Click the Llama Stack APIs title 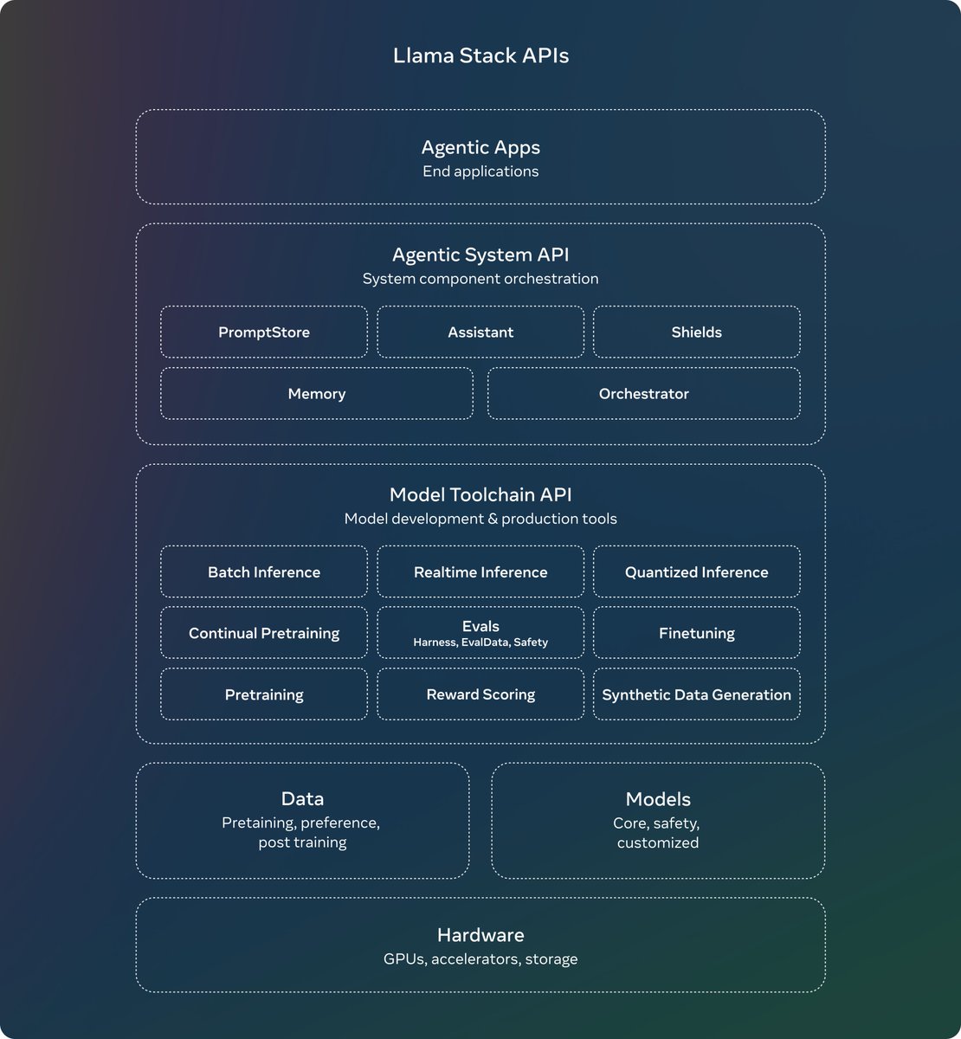(x=480, y=56)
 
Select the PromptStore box (x=264, y=332)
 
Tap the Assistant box (x=480, y=332)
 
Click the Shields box (x=696, y=332)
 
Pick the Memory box (x=317, y=394)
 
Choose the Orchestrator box (x=643, y=394)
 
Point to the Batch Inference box (x=264, y=572)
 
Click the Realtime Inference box (x=480, y=572)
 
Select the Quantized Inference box (x=696, y=572)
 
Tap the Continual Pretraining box (x=264, y=634)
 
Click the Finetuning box (x=696, y=634)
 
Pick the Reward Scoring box (x=480, y=694)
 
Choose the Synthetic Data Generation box (x=696, y=694)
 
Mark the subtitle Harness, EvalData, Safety (x=480, y=642)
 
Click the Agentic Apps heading (x=480, y=148)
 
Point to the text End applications (x=480, y=171)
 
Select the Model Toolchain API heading (x=480, y=495)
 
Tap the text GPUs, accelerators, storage (x=480, y=959)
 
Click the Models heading (x=658, y=799)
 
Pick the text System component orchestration (x=480, y=279)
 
